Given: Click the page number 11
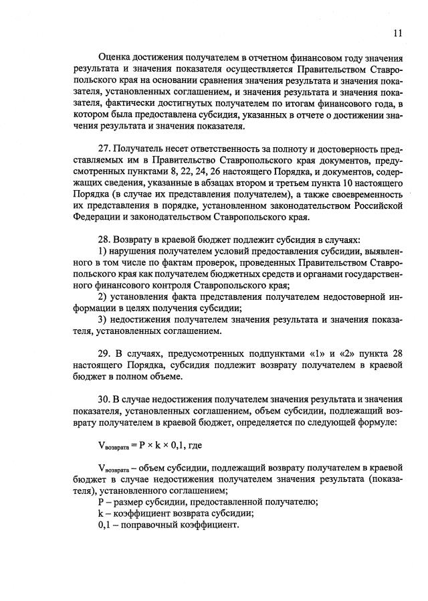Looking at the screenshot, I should coord(398,33).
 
